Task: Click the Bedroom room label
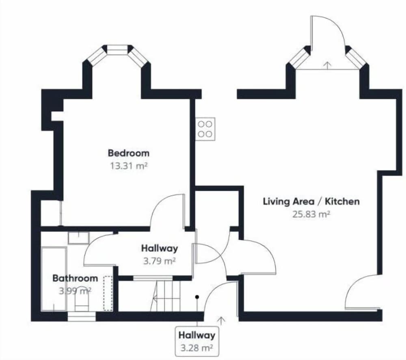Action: tap(129, 153)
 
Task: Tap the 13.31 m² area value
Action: tap(129, 166)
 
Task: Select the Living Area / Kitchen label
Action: tap(311, 201)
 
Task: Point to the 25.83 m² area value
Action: tap(311, 214)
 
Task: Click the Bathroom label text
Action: tap(75, 278)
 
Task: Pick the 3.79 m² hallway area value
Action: tap(160, 261)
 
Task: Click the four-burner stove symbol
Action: tap(205, 129)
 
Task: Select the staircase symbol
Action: tap(166, 296)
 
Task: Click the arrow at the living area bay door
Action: tap(328, 65)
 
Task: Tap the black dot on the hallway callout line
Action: tap(197, 297)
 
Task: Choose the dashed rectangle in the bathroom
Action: tap(108, 293)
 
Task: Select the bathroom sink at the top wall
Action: tap(78, 237)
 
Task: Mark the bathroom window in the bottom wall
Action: tap(82, 317)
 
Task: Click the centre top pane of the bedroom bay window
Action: tap(118, 50)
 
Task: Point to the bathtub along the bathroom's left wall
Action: tap(54, 278)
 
